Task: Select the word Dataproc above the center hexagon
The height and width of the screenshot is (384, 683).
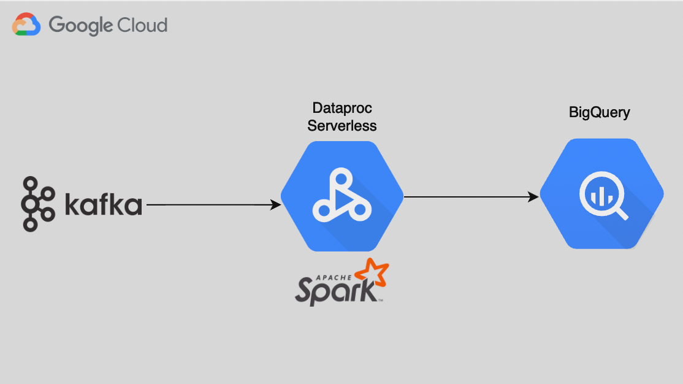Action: point(342,109)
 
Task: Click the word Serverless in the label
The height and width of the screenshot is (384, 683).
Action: point(342,126)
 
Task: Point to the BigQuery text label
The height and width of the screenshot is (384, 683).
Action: point(600,112)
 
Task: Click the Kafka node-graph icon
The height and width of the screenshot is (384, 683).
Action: point(38,204)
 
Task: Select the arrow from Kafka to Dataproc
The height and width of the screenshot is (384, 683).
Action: point(208,205)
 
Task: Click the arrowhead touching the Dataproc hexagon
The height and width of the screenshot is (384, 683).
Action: point(277,205)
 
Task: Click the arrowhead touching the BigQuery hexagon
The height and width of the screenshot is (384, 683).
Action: point(535,197)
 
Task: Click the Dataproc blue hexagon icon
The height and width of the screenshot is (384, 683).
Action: point(342,196)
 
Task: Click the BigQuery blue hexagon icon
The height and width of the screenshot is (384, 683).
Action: point(601,193)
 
